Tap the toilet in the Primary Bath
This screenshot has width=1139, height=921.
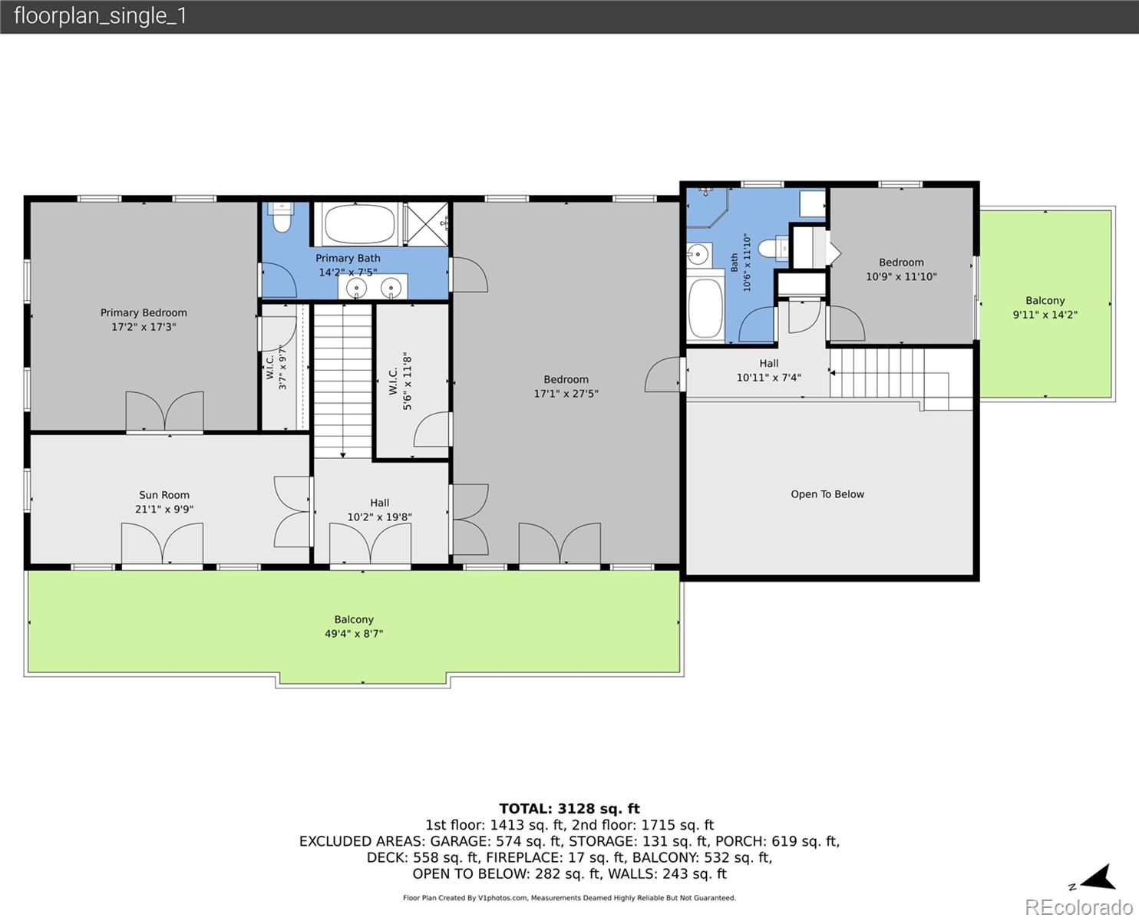(281, 217)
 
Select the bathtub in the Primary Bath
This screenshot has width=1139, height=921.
(360, 224)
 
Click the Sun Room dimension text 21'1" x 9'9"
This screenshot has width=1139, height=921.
(164, 510)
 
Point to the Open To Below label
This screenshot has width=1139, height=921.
(827, 494)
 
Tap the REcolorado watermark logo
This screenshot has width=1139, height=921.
(1079, 907)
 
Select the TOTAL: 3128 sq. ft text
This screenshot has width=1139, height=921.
(569, 809)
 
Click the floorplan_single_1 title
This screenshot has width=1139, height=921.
(101, 16)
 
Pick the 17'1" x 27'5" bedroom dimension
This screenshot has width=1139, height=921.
(566, 394)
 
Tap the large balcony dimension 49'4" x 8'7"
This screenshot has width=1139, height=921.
(354, 634)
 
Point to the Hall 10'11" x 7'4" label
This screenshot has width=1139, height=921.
(769, 371)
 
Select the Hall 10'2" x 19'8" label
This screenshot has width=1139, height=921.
(380, 510)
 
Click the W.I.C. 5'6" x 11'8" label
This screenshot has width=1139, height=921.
(401, 381)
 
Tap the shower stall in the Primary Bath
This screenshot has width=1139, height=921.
(426, 224)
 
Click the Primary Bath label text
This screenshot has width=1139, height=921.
(348, 258)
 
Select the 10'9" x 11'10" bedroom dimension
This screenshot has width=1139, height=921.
(902, 277)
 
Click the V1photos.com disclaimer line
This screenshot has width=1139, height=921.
(569, 898)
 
